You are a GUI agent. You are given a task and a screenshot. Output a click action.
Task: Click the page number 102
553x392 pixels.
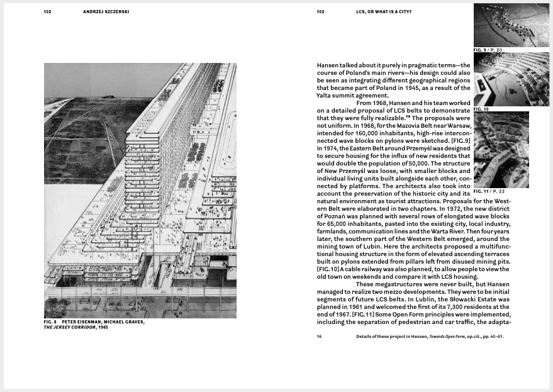pyautogui.click(x=47, y=11)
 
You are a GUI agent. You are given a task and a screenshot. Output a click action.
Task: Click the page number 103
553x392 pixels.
pyautogui.click(x=320, y=11)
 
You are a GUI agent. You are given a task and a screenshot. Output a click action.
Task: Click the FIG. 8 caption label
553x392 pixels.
pyautogui.click(x=51, y=323)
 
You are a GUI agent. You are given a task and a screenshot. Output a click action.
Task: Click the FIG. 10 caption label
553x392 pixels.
pyautogui.click(x=482, y=109)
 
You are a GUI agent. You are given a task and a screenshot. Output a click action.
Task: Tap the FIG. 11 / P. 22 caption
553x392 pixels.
pyautogui.click(x=492, y=191)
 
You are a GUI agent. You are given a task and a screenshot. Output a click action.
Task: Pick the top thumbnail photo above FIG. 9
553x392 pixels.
pyautogui.click(x=510, y=25)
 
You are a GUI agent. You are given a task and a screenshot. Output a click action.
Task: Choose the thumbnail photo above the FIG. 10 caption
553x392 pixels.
pyautogui.click(x=510, y=79)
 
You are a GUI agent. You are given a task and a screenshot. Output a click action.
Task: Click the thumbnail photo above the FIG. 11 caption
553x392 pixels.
pyautogui.click(x=501, y=150)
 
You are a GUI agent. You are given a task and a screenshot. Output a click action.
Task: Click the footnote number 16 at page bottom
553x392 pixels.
pyautogui.click(x=319, y=337)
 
